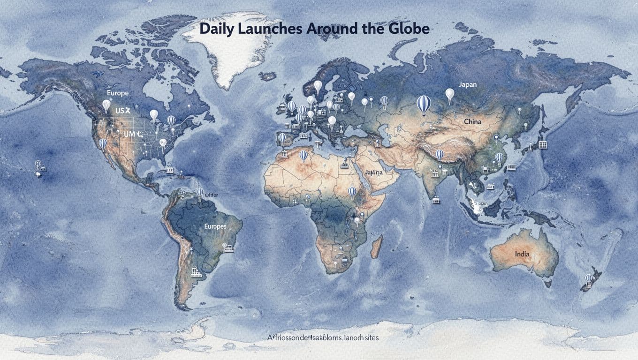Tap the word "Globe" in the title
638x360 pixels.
coord(407,29)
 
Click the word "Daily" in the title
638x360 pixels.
coord(216,29)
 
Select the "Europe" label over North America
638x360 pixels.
coord(117,93)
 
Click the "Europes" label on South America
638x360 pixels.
coord(215,226)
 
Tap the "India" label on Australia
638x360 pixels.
coord(522,254)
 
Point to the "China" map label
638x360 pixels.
coord(472,121)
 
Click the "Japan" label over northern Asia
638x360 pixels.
coord(467,84)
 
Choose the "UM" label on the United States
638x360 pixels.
coord(129,134)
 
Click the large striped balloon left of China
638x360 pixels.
coord(423,104)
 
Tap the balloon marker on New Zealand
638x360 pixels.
coord(588,279)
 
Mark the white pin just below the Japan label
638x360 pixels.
coord(449,95)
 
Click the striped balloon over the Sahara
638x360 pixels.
coord(304,155)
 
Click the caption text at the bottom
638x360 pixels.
coord(323,337)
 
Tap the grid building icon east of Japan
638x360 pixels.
coord(543,144)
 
